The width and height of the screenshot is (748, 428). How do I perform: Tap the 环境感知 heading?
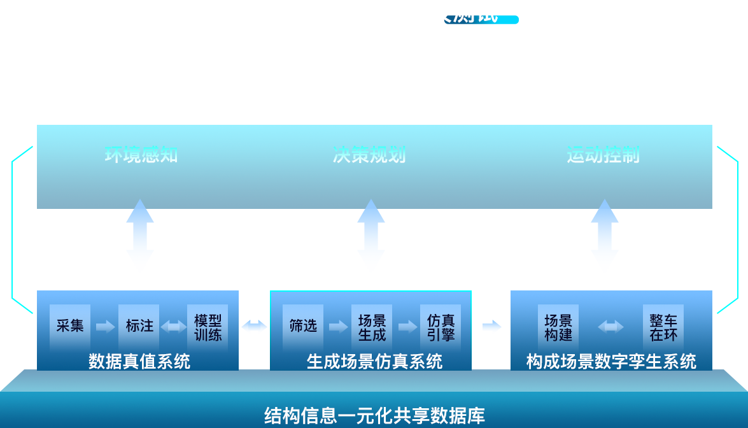[141, 155]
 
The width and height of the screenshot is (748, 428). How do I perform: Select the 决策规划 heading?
[369, 155]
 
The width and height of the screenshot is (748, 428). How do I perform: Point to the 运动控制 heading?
[602, 155]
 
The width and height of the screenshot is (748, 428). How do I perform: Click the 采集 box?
[70, 326]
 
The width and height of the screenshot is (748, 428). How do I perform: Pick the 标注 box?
[139, 326]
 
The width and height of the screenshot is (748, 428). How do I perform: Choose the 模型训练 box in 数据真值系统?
[208, 326]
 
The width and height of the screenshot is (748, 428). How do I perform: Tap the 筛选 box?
[303, 326]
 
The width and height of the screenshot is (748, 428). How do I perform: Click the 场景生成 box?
[372, 326]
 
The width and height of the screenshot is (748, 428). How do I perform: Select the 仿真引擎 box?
[441, 326]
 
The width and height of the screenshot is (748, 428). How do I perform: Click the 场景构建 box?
[558, 326]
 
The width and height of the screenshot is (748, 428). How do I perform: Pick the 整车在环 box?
[663, 326]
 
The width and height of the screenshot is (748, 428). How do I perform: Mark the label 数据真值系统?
[139, 362]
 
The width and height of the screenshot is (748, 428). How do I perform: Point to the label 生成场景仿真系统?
[374, 362]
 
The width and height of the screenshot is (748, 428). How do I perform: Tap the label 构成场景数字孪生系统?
[610, 362]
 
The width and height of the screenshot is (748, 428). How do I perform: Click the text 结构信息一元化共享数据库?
[374, 416]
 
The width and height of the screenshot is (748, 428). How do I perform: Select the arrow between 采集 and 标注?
[105, 327]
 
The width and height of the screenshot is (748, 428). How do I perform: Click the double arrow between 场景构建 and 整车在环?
[610, 327]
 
